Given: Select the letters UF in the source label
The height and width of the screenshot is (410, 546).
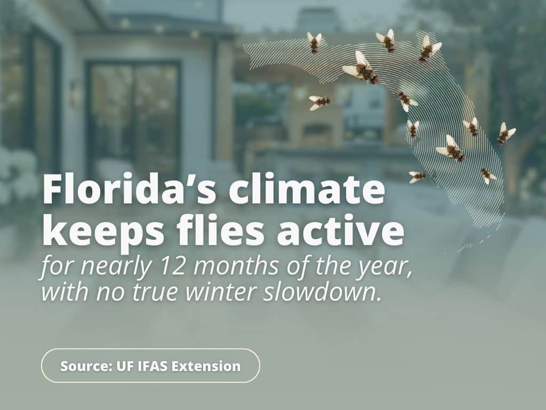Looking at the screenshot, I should pyautogui.click(x=123, y=366).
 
